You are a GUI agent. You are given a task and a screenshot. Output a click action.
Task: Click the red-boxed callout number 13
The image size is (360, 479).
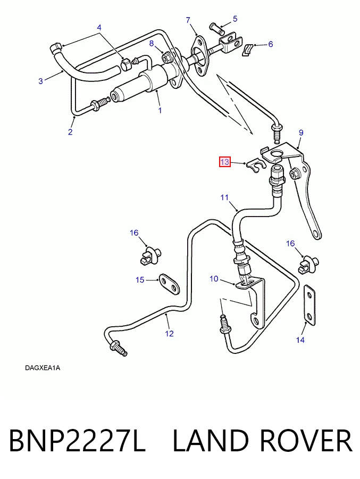225,162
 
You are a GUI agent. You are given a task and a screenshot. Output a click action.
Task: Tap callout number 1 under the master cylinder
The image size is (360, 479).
160,110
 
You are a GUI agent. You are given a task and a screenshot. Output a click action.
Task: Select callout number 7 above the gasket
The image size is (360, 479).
188,20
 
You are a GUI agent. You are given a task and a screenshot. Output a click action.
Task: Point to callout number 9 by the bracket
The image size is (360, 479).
301,133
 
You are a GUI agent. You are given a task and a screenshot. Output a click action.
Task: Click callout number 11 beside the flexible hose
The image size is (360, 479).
224,197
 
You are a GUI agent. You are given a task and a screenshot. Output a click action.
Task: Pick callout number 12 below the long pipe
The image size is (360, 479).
170,334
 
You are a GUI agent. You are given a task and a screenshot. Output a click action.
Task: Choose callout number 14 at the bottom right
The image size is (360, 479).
300,340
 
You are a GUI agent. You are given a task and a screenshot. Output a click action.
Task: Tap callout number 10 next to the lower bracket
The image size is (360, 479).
214,278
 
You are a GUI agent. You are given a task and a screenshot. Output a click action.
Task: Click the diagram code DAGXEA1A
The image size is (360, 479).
43,368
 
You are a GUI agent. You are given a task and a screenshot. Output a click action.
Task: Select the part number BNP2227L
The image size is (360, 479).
77,441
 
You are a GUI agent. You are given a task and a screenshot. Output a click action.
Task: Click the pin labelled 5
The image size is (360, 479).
217,29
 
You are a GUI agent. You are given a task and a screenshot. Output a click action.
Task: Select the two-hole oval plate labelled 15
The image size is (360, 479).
169,284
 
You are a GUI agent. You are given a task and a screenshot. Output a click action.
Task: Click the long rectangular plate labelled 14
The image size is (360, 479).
309,305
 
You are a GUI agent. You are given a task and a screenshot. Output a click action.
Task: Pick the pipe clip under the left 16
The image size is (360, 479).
149,255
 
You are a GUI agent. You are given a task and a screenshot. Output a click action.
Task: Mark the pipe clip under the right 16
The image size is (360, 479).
308,265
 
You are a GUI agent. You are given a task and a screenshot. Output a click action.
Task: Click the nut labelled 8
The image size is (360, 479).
167,57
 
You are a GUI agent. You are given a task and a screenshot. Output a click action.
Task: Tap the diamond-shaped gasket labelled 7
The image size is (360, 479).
199,56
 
